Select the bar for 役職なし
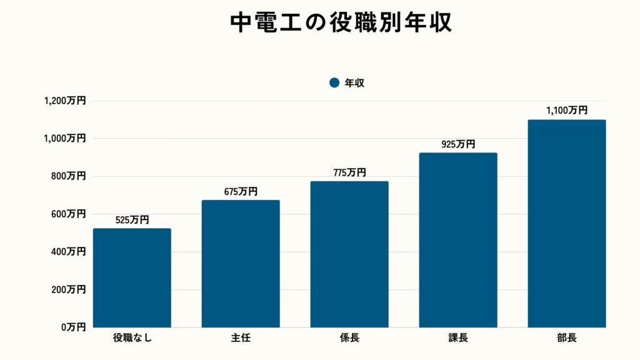click(132, 278)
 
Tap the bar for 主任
click(241, 264)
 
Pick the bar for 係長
click(349, 254)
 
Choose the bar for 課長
click(458, 240)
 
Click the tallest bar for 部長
click(567, 224)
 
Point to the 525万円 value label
click(132, 220)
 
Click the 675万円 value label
click(241, 192)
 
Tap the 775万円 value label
click(349, 172)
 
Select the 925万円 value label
click(458, 144)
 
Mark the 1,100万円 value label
click(567, 111)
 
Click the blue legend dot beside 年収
click(334, 82)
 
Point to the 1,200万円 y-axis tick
click(65, 101)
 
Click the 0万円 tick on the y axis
click(72, 327)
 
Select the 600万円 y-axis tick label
click(68, 214)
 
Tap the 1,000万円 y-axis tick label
click(65, 138)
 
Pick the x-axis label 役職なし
click(132, 339)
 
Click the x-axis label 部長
click(567, 339)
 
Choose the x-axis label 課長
click(458, 339)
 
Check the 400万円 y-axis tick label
click(68, 252)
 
